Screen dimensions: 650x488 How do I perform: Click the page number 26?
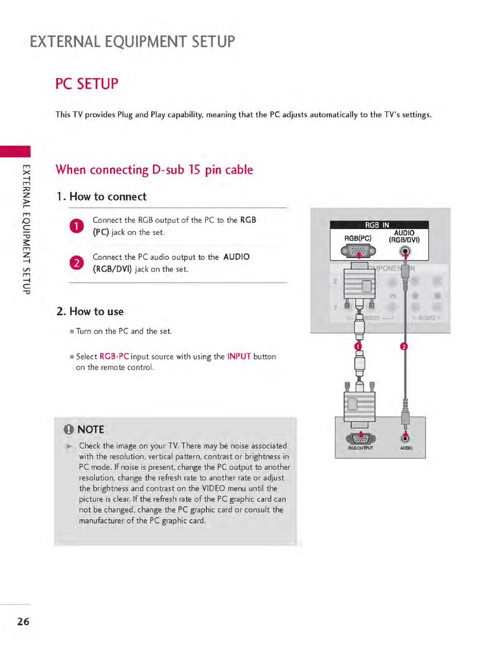coord(23,621)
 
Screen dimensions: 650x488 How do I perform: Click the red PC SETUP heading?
coord(87,84)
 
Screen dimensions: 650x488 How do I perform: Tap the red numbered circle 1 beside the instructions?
coord(77,226)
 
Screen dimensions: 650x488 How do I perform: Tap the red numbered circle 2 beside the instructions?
coord(77,263)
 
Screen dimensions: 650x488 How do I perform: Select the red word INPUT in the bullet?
coord(239,357)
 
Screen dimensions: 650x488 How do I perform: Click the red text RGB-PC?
coord(114,357)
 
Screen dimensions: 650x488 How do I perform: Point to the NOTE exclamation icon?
coord(68,430)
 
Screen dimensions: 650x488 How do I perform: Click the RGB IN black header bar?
coord(379,225)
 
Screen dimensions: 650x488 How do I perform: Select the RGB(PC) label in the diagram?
coord(358,238)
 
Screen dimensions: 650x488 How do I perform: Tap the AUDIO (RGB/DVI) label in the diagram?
coord(404,236)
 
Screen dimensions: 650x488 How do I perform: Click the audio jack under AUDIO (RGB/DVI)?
coord(405,251)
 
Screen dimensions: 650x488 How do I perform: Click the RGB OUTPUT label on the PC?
coord(360,448)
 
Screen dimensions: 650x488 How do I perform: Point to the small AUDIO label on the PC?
coord(406,448)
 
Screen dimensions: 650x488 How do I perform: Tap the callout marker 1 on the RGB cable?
coord(358,347)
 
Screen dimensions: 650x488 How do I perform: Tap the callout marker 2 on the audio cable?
coord(404,347)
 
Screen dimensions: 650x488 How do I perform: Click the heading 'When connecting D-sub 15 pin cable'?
coord(154,170)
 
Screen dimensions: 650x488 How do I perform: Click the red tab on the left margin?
coord(15,151)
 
